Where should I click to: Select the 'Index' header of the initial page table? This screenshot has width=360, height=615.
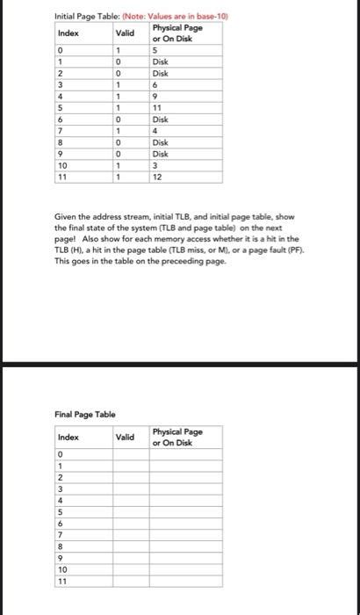[x=68, y=33]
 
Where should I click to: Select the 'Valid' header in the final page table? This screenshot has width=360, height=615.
[x=124, y=437]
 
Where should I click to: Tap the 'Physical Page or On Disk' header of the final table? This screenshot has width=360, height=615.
[x=176, y=437]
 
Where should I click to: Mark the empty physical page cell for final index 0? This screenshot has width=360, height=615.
[x=185, y=453]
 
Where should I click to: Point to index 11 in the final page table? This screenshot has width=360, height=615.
[x=61, y=581]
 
